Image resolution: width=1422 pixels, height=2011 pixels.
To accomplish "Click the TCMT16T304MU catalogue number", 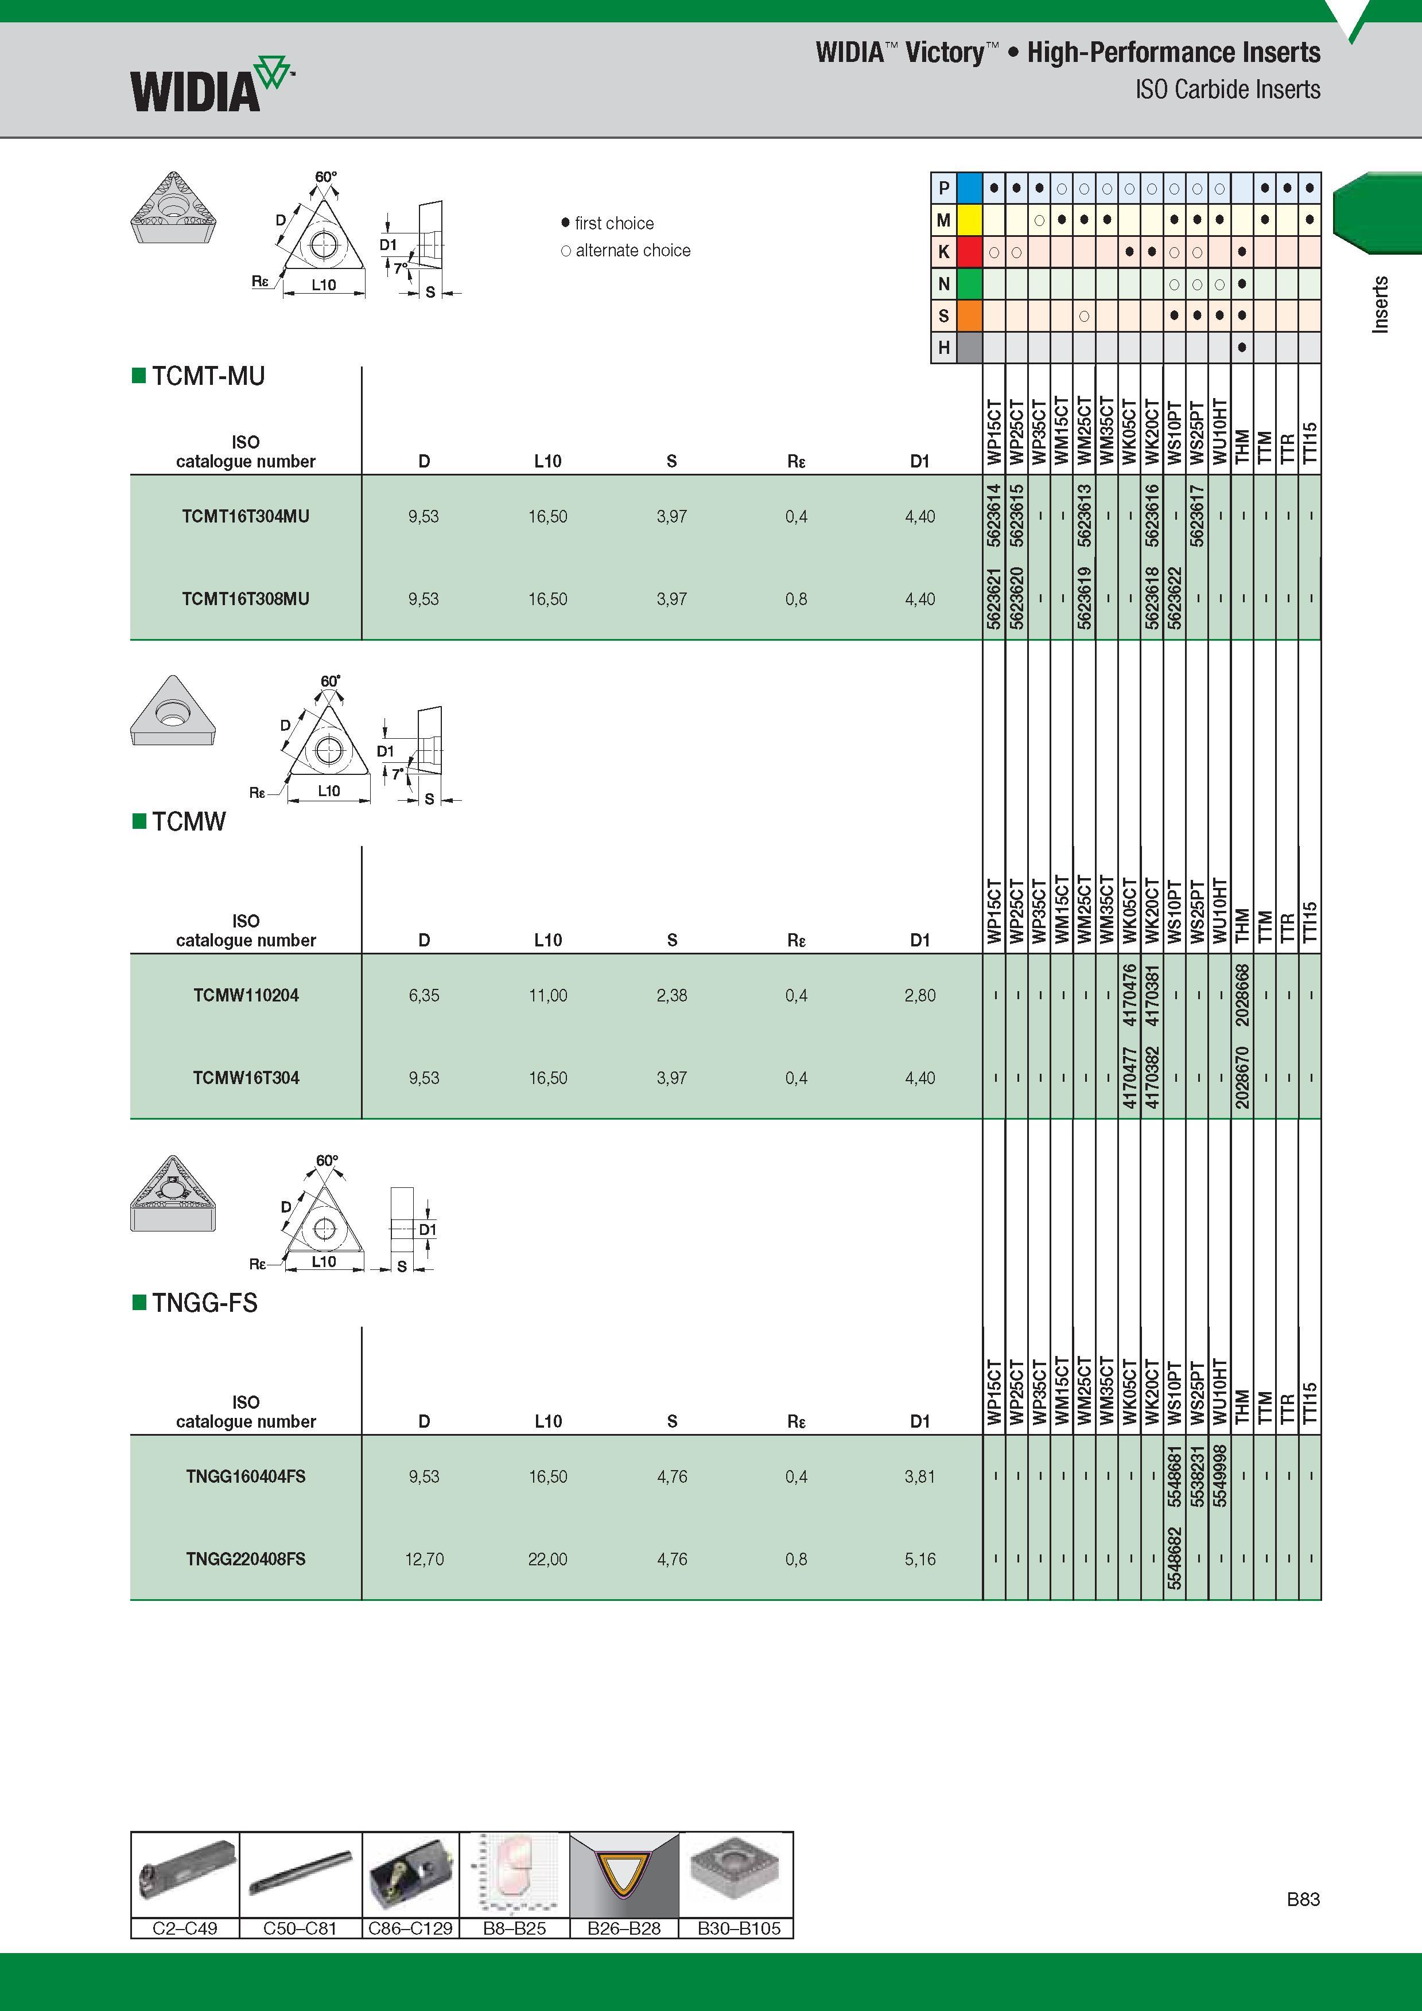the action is [246, 516].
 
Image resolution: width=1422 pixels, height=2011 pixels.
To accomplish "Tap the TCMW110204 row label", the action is [246, 995].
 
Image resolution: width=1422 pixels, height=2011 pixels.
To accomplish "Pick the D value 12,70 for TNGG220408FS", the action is [424, 1559].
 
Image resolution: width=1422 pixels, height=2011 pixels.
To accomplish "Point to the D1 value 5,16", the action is [920, 1559].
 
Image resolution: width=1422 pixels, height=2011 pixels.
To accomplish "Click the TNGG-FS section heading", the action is [205, 1303].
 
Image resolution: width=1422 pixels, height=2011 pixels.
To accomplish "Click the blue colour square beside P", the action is [969, 188].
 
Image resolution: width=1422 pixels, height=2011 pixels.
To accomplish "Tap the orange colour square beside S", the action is [969, 315].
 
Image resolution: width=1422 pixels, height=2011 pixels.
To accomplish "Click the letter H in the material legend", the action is [943, 348].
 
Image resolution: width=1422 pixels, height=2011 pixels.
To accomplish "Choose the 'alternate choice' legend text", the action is [632, 251].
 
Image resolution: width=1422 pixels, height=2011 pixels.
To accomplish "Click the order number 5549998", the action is [1219, 1476].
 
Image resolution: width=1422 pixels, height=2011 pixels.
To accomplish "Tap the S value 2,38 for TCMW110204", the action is [672, 995].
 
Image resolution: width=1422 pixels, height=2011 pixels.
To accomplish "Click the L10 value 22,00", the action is [547, 1559].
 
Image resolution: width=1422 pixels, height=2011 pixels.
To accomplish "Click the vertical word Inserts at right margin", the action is [1380, 304].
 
